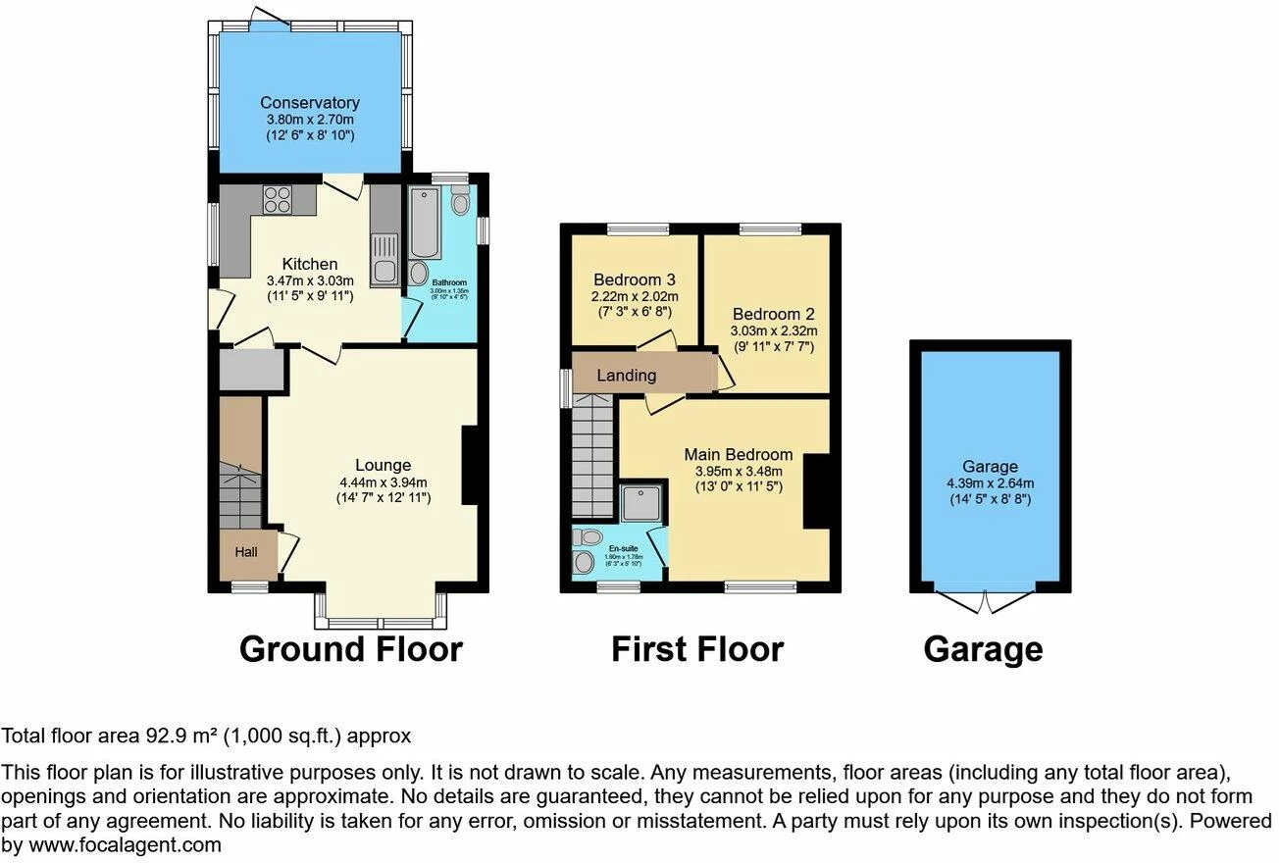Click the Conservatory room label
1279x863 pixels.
pos(309,102)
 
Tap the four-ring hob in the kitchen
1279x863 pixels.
pos(277,199)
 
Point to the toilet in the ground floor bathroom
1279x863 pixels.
pos(461,202)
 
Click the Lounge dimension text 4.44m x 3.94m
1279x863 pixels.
pos(383,482)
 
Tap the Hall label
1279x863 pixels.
pos(245,552)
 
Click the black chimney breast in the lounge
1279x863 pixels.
pos(471,465)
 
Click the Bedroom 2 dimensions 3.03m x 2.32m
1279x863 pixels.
pos(772,330)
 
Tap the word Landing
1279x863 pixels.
pos(626,376)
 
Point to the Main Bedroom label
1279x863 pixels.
pos(738,454)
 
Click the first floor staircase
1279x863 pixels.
pos(592,456)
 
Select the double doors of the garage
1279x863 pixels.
pos(985,600)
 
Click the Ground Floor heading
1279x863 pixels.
pos(350,649)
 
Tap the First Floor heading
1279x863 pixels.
pos(696,649)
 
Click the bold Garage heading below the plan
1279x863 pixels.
pos(983,649)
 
